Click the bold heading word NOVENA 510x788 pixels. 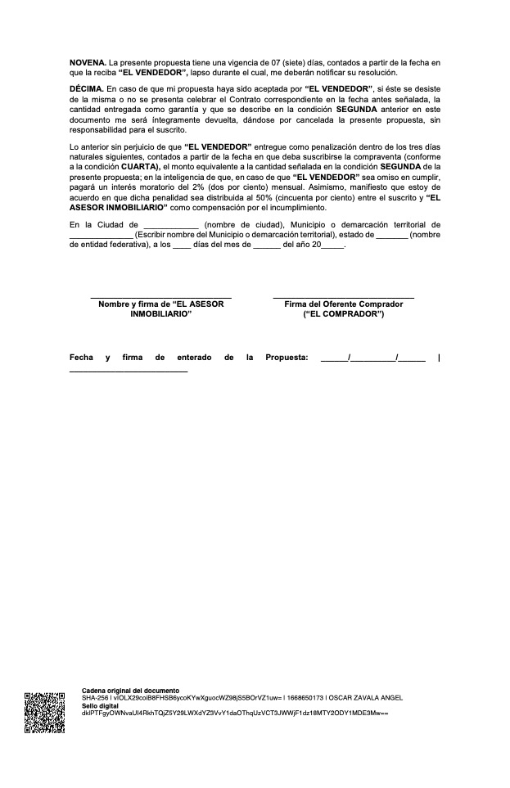click(x=88, y=62)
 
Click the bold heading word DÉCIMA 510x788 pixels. click(x=86, y=88)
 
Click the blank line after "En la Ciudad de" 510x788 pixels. click(x=170, y=225)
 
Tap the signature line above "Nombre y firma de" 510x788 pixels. click(x=160, y=296)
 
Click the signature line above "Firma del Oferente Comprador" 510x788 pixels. click(x=343, y=296)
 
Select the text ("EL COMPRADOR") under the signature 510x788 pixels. click(x=343, y=313)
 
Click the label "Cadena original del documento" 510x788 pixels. click(x=130, y=691)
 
